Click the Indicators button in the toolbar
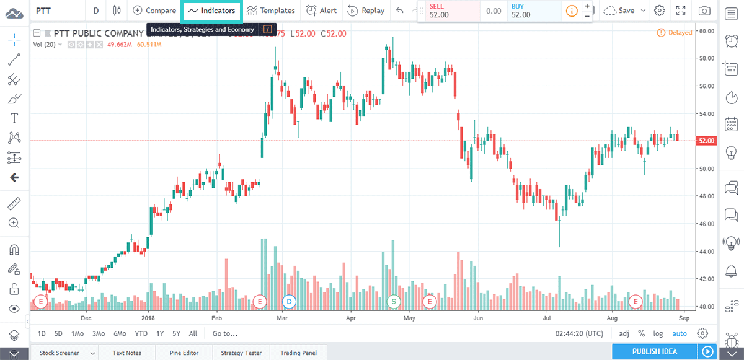(211, 11)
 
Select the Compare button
(154, 11)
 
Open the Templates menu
(270, 11)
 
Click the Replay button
(366, 11)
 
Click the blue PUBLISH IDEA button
(655, 352)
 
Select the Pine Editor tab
(184, 353)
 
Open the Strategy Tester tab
(241, 353)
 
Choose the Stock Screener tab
(60, 353)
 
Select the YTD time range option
(141, 333)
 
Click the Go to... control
(225, 333)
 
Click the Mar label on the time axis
(282, 318)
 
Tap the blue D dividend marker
(289, 302)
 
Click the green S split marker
(393, 302)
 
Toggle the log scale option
(658, 333)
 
